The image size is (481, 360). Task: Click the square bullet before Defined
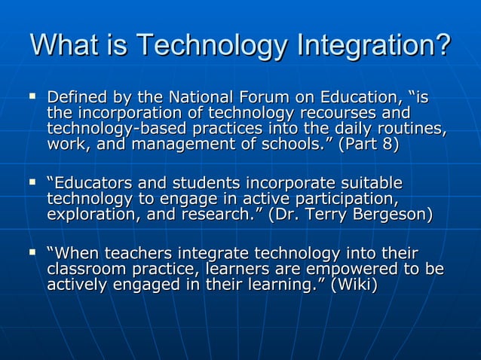pos(32,96)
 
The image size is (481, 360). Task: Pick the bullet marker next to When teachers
pos(32,253)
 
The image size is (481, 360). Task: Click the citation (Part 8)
pos(369,144)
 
